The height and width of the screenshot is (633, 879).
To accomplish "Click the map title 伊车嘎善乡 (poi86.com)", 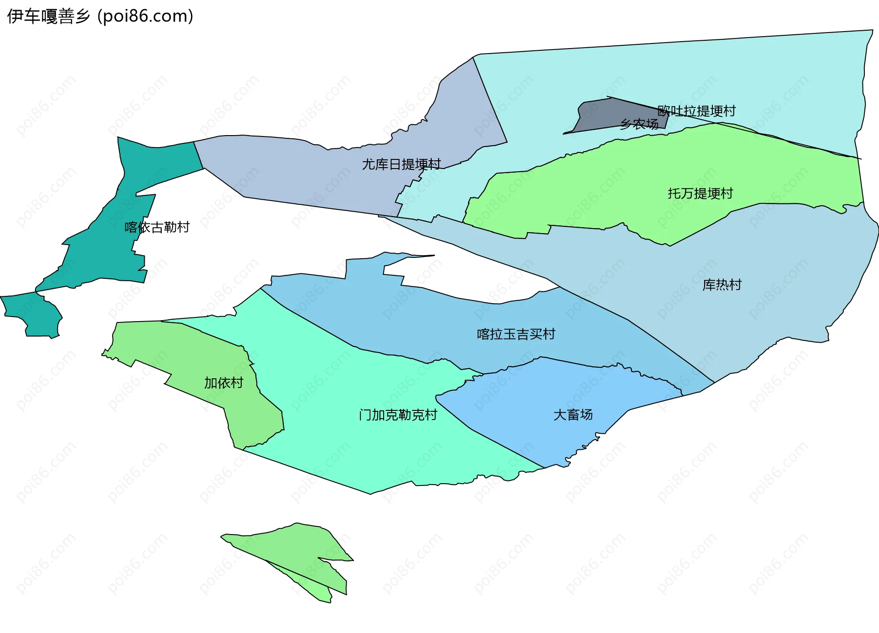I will click(100, 16).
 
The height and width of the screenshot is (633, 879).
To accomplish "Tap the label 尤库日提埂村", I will click(401, 164).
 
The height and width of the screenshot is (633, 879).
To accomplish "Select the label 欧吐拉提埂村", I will click(696, 111).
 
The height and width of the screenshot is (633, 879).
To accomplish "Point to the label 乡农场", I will click(639, 124).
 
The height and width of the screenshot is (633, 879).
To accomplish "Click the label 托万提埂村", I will click(700, 193).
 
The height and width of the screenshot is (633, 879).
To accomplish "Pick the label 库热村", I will click(722, 285).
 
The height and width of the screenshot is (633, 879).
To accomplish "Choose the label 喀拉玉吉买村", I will click(516, 334).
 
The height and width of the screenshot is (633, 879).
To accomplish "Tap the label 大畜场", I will click(573, 415).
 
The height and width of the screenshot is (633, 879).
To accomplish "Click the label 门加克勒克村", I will click(398, 415).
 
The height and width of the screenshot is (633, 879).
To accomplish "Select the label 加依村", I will click(223, 382).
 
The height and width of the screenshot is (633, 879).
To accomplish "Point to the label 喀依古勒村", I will click(157, 227).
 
